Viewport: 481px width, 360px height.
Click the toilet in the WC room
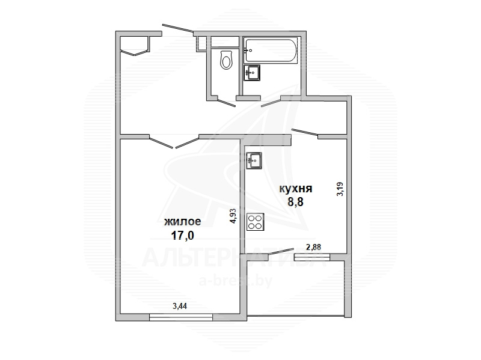pos(227,59)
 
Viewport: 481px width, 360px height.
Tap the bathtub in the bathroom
pos(271,51)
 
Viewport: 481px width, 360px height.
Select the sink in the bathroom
pos(252,73)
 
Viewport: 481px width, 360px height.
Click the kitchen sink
pos(254,160)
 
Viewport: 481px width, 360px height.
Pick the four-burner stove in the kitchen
pos(256,222)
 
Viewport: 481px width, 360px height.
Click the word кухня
pos(295,189)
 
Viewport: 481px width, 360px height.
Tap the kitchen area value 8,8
pos(295,203)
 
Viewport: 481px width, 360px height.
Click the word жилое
pos(183,221)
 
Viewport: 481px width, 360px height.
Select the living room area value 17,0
pos(183,236)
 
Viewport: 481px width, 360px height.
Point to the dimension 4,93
pos(234,216)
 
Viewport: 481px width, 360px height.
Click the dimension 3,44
pos(180,306)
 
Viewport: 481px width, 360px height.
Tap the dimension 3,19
pos(340,189)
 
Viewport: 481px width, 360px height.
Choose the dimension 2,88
pos(313,247)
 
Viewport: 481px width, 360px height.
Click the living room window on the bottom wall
pos(181,317)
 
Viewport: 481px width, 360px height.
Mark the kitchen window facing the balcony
pos(312,257)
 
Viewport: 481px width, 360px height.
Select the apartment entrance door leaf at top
pos(177,28)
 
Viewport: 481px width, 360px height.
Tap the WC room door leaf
pos(227,102)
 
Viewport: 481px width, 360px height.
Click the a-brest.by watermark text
pos(236,281)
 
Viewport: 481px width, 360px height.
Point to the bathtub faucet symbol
pos(248,50)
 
